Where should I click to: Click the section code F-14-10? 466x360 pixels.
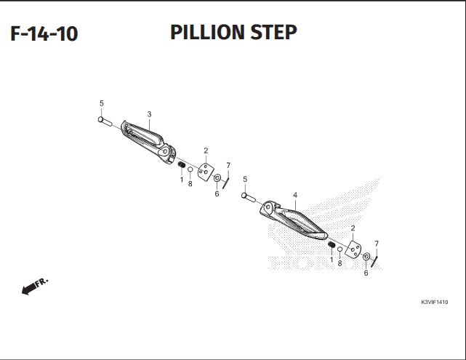pos(44,33)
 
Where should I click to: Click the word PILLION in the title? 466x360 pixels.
pos(209,32)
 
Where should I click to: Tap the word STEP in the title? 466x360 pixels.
pos(273,32)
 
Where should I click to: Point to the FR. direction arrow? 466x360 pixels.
pos(35,286)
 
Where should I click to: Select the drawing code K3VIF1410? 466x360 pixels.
pos(435,302)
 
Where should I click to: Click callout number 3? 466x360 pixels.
pos(149,114)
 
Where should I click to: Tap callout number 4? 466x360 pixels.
pos(295,196)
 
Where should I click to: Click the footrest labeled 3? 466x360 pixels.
pos(148,142)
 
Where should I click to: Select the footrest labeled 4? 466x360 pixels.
pos(293,220)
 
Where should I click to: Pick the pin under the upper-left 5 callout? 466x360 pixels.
pos(105,121)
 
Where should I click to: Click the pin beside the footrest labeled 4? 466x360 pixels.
pos(249,197)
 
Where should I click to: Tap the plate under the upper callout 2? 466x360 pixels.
pos(206,172)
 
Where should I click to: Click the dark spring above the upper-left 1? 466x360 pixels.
pos(181,164)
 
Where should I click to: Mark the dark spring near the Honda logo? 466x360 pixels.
pos(332,244)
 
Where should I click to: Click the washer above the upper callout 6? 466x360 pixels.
pos(217,178)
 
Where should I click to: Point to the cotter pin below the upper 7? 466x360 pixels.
pos(226,183)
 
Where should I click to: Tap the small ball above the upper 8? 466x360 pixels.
pos(190,169)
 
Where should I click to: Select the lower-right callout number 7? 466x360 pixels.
pos(377,244)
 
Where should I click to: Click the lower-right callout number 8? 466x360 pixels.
pos(340,263)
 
